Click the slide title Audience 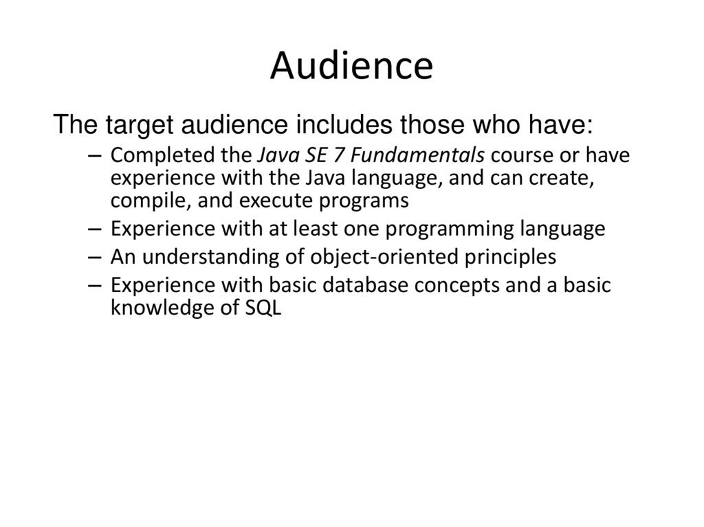tap(351, 67)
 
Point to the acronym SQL tap(263, 309)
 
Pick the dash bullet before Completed tap(96, 157)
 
